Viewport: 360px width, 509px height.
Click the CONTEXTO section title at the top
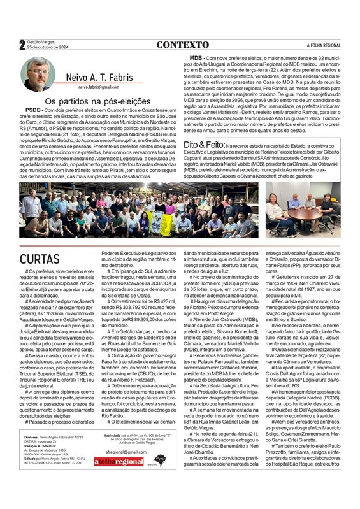[182, 45]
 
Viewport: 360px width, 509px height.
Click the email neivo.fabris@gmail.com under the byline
[98, 87]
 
